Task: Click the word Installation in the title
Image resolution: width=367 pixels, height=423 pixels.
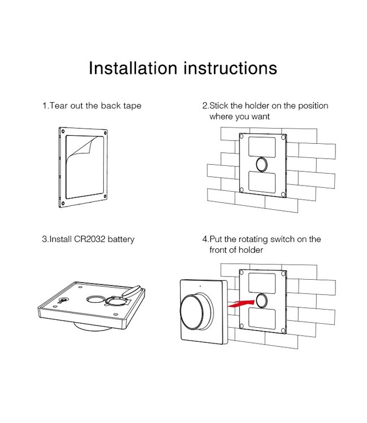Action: tap(133, 68)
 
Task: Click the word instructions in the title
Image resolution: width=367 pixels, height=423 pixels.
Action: tap(231, 68)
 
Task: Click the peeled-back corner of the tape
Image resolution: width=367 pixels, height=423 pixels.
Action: tap(84, 148)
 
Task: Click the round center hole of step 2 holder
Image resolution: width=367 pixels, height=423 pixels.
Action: tap(263, 165)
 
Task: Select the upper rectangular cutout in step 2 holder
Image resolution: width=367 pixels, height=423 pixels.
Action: tap(262, 146)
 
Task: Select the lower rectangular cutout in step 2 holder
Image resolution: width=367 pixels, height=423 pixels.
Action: tap(262, 183)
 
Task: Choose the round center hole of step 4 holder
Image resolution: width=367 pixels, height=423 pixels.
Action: tap(262, 299)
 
